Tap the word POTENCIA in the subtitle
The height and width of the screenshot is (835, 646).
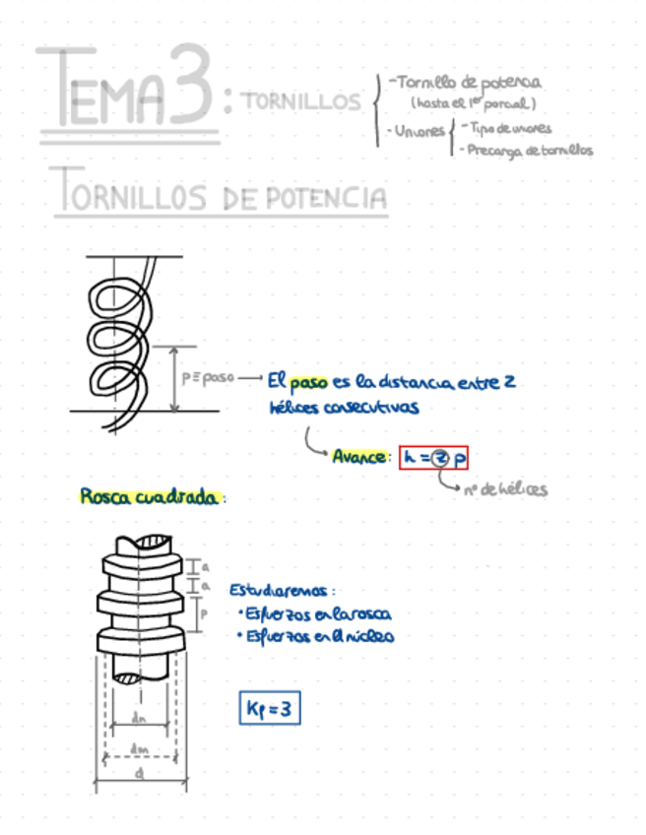pos(325,198)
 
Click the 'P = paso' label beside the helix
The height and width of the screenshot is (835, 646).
pos(206,378)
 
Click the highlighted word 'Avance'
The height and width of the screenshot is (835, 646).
pos(361,457)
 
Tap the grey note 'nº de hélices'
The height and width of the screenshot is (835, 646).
pos(505,489)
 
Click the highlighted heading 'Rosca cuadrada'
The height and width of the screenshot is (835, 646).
pos(149,497)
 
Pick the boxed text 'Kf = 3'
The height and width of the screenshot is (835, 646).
pos(268,707)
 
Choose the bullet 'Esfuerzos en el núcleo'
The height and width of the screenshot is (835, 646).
pos(316,636)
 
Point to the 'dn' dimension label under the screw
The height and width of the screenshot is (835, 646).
pos(139,718)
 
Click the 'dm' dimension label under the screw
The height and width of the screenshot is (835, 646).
pos(139,749)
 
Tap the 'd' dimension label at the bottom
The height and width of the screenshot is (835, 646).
pos(141,774)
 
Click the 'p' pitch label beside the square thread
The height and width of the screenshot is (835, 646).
pos(203,611)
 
